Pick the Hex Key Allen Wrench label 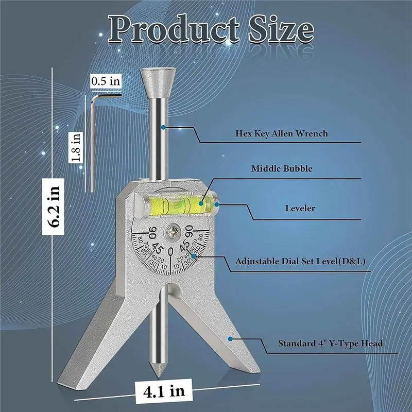pyautogui.click(x=282, y=133)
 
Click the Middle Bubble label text pyautogui.click(x=282, y=168)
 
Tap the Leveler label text pyautogui.click(x=301, y=209)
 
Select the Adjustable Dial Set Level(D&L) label pyautogui.click(x=300, y=261)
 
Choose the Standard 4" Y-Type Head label pyautogui.click(x=331, y=342)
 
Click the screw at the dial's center pyautogui.click(x=171, y=231)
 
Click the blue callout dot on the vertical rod pyautogui.click(x=163, y=126)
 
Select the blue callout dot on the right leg pyautogui.click(x=231, y=338)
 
